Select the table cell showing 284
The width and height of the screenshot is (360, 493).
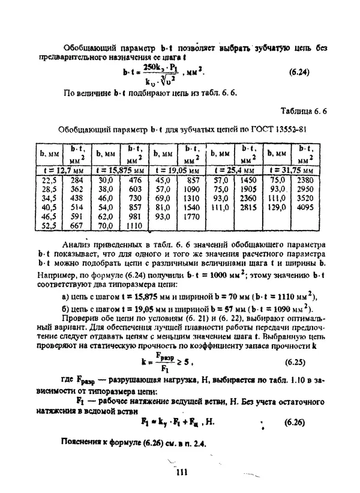coord(76,179)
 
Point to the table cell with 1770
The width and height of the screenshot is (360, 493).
coord(192,216)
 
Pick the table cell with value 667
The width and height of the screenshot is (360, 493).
coord(76,226)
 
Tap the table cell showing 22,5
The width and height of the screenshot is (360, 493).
coord(49,179)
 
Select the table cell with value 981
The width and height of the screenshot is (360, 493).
coord(134,216)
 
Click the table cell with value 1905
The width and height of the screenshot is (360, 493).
coord(248,189)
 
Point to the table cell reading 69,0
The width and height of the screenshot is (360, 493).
coord(163,198)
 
